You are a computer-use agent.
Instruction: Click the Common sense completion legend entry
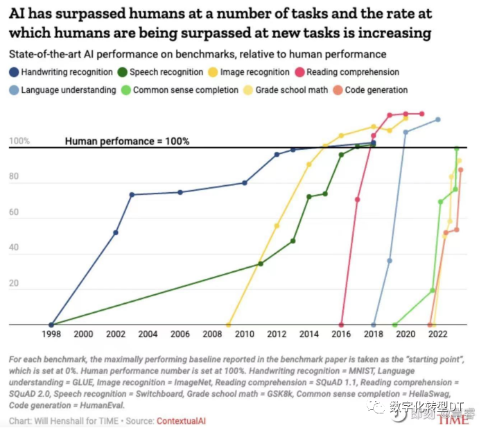click(x=179, y=89)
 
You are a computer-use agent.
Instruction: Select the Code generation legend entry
click(x=371, y=89)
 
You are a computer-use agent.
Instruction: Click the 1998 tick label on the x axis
click(x=51, y=334)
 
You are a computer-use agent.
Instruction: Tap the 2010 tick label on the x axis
click(x=244, y=334)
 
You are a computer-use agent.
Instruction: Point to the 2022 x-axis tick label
click(x=438, y=334)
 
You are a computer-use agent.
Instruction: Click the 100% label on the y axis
click(x=19, y=142)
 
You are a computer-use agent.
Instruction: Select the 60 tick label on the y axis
click(x=13, y=219)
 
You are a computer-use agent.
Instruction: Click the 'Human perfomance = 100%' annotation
click(x=127, y=141)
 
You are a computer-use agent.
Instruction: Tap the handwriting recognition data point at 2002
click(x=116, y=232)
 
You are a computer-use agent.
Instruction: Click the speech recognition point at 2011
click(x=261, y=264)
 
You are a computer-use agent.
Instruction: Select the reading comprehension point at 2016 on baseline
click(x=341, y=324)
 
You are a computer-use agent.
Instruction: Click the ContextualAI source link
click(x=181, y=420)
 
